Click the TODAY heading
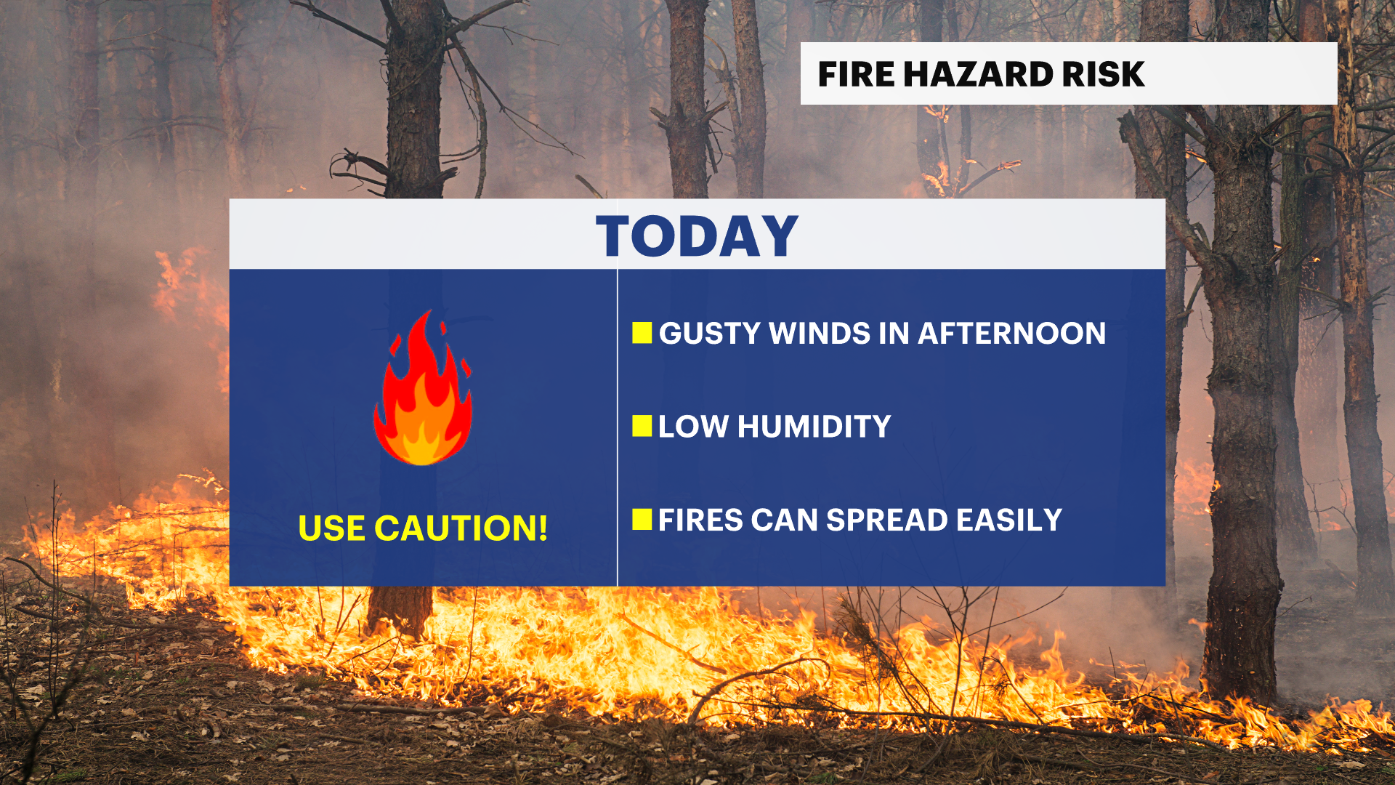coord(697,236)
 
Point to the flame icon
coord(423,388)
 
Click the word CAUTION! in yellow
coord(461,528)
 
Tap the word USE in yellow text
coord(331,528)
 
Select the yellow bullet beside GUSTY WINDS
coord(642,333)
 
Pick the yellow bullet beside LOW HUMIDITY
coord(642,426)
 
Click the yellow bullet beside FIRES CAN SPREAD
coord(642,520)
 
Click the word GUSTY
coord(709,334)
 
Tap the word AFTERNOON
coord(1012,334)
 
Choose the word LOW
coord(693,427)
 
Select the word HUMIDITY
coord(814,427)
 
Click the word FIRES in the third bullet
coord(700,520)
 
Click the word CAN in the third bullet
coord(785,520)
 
